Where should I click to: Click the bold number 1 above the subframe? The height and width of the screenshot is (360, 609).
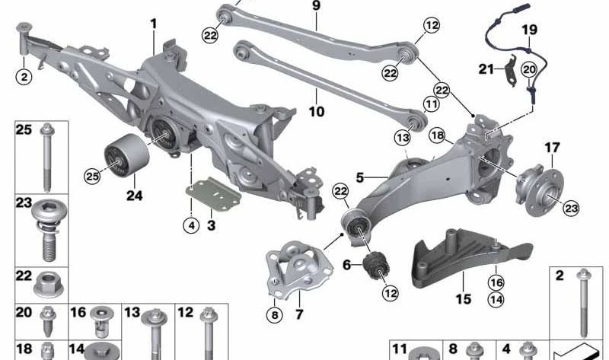[x=154, y=24]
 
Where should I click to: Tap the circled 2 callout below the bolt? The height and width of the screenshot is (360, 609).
[x=24, y=77]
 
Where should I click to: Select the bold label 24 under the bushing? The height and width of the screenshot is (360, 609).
[x=135, y=196]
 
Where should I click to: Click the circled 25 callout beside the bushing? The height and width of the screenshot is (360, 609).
[x=92, y=177]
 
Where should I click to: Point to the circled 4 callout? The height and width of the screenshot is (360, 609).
[x=191, y=225]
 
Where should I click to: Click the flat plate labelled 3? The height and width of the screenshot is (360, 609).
[x=213, y=194]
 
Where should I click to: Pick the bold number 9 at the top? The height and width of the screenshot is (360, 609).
[x=317, y=6]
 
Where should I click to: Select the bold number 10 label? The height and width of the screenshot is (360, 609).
[x=316, y=112]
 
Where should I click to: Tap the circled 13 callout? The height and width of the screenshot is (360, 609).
[x=402, y=137]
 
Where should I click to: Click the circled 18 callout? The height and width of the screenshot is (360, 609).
[x=437, y=135]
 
